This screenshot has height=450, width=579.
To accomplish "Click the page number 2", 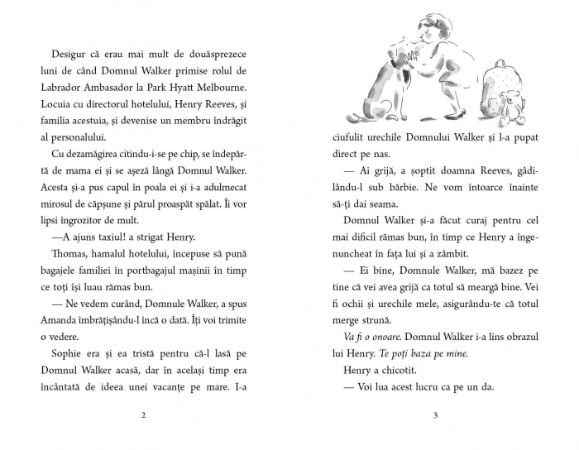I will [x=144, y=414].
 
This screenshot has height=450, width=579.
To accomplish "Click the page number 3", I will [x=434, y=414].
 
